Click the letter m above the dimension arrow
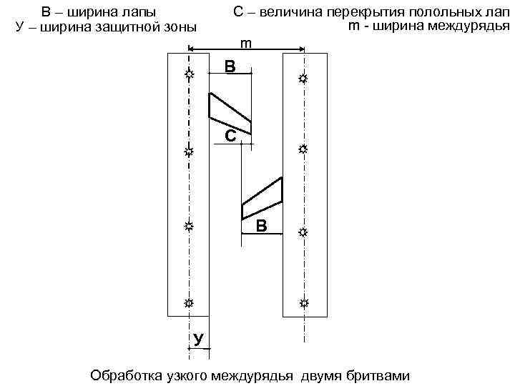tap(245, 44)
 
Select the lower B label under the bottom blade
tap(262, 227)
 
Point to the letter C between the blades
tap(230, 136)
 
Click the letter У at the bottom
tap(198, 338)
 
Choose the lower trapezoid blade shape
tap(263, 198)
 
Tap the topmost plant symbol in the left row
tap(189, 74)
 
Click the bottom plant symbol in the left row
tap(189, 303)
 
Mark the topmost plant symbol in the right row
tap(303, 79)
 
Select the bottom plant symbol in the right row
tap(304, 304)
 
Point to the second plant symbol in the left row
tap(189, 152)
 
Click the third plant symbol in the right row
tap(303, 233)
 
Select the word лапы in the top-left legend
tap(137, 12)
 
